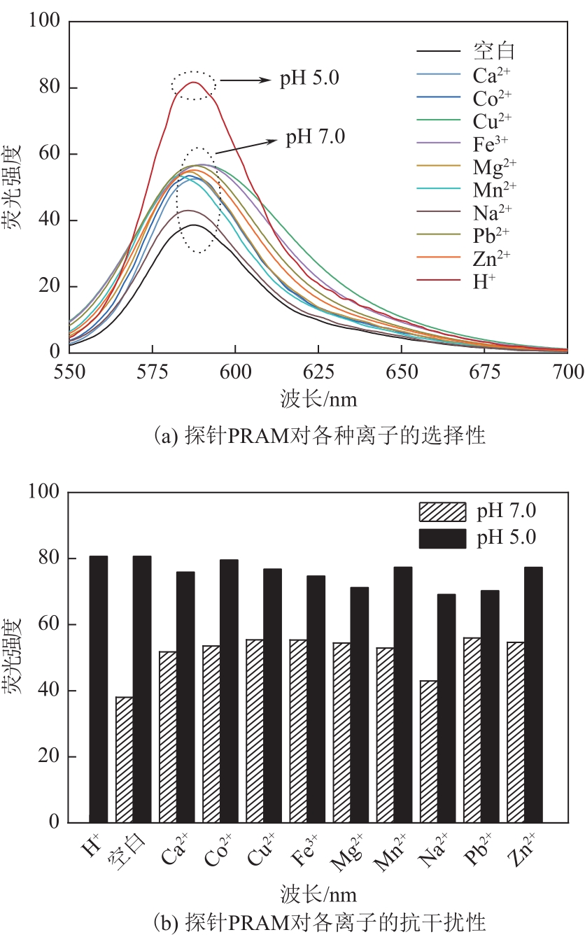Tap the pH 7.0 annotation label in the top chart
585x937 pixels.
315,136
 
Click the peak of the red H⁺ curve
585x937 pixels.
193,83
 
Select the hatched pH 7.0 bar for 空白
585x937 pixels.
125,759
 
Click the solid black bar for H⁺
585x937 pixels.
99,689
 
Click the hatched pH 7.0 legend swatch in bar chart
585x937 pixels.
442,512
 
